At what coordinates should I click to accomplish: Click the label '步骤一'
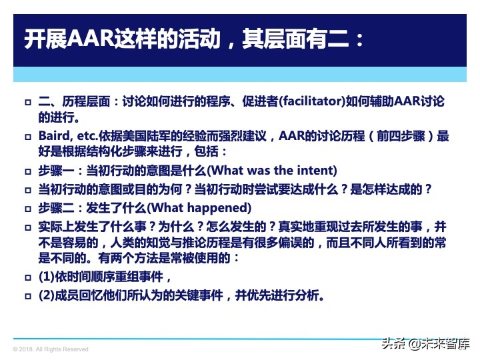pos(55,169)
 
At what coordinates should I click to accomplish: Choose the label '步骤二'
pos(55,207)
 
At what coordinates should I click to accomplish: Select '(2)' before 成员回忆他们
pos(46,294)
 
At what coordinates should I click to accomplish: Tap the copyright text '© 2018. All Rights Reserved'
pos(51,349)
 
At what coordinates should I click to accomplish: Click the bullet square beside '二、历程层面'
pos(27,103)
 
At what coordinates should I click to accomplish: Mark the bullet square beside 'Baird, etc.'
pos(27,137)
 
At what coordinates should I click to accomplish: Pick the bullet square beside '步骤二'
pos(27,207)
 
